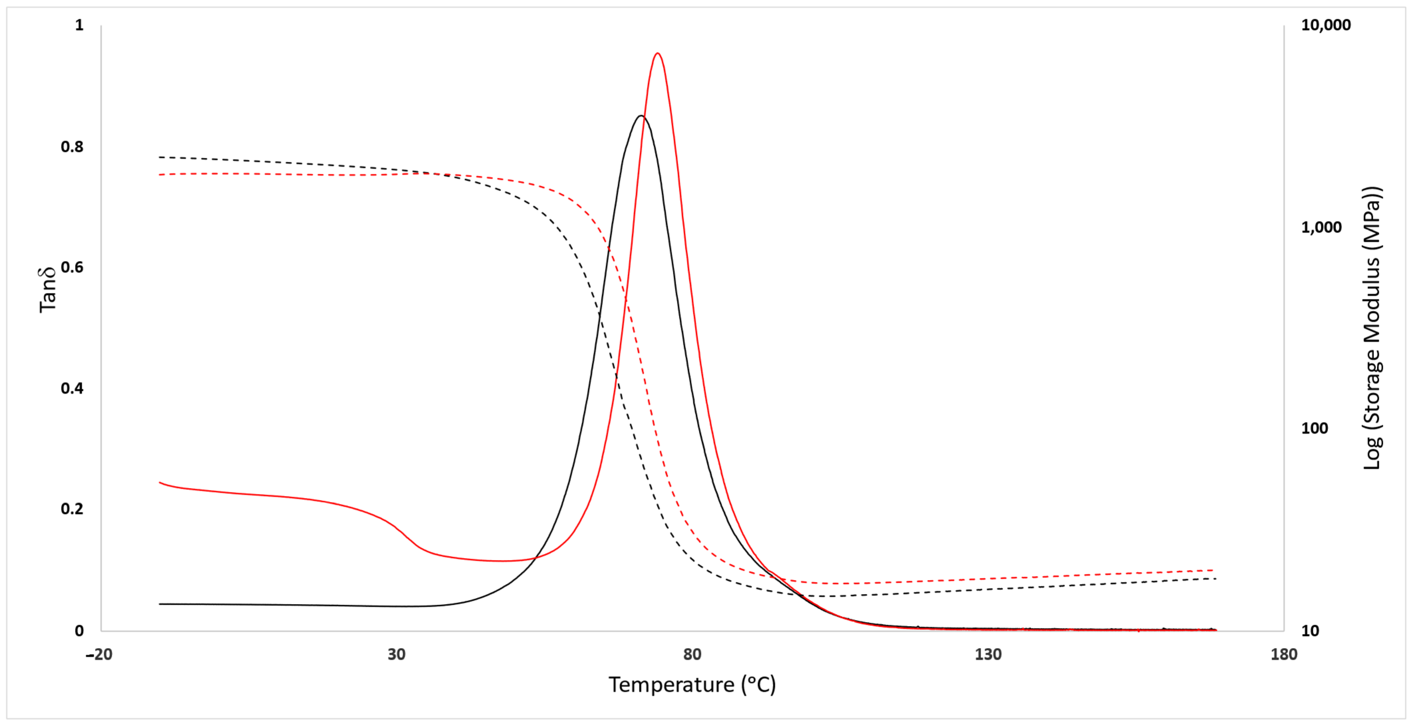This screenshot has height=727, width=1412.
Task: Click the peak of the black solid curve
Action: pos(640,116)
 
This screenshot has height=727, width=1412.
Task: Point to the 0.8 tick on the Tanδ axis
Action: pos(72,147)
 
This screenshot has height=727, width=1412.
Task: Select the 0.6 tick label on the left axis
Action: pos(72,268)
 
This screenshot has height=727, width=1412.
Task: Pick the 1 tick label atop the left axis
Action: pos(80,25)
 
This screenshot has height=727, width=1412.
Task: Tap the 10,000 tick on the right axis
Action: pos(1326,25)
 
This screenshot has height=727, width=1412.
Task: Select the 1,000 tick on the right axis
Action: pos(1321,227)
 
